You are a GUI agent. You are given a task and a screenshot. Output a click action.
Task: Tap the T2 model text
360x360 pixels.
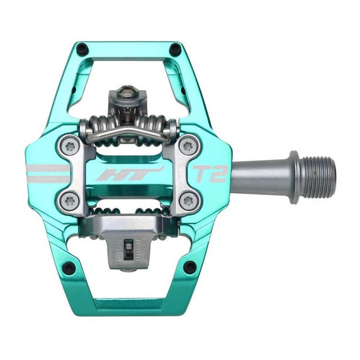pyautogui.click(x=210, y=174)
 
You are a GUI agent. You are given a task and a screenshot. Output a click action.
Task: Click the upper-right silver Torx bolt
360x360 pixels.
pyautogui.click(x=187, y=146)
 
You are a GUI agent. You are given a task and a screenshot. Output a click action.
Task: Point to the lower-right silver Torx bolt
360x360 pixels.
pyautogui.click(x=187, y=201)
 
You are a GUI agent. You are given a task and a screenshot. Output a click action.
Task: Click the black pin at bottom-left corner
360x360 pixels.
pyautogui.click(x=71, y=271)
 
